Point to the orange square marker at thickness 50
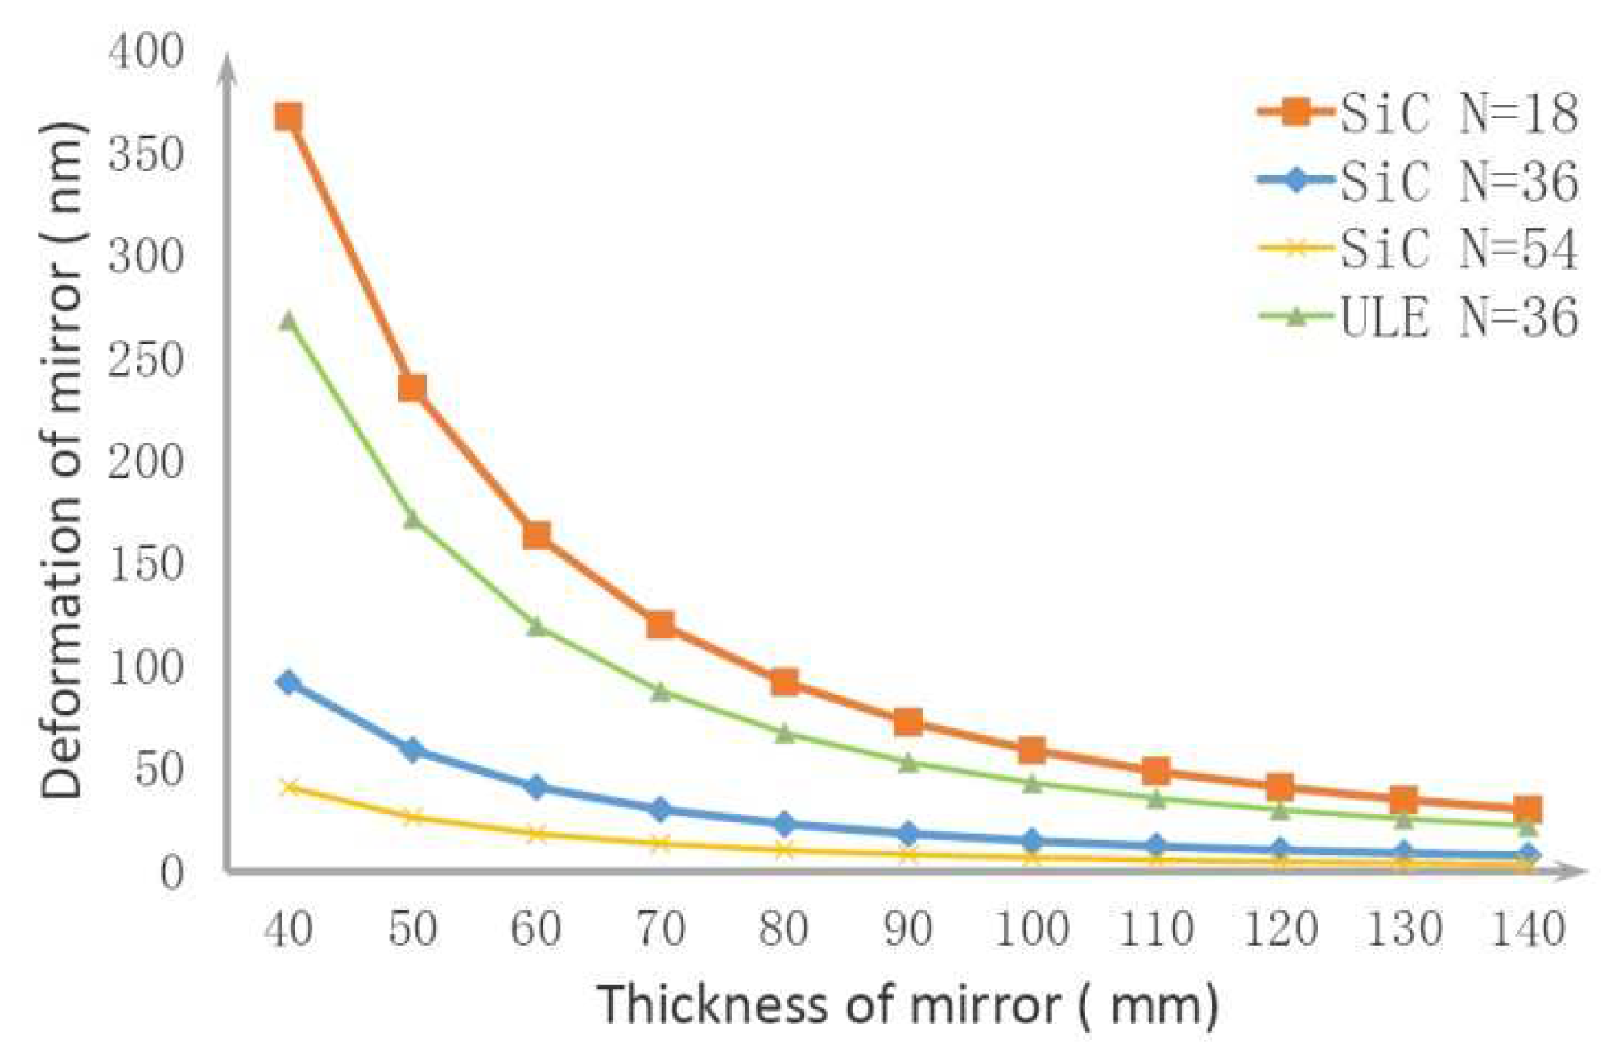click(412, 388)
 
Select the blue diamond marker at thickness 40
click(288, 683)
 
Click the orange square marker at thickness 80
click(785, 682)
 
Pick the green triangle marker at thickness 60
click(537, 626)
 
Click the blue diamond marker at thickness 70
click(661, 810)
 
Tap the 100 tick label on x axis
click(1032, 930)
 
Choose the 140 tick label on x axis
click(1528, 930)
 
